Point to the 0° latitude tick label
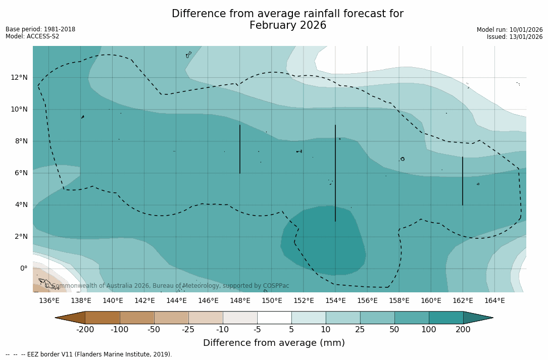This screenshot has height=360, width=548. coord(23,269)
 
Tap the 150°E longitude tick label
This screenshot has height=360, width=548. coord(272,301)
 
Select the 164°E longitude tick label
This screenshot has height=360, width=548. coord(494,301)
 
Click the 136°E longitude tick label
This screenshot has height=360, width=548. coord(49,301)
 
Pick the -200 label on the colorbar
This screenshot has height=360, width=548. coord(85,330)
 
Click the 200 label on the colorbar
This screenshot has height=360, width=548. coord(463,330)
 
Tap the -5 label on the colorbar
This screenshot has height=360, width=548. coord(257,330)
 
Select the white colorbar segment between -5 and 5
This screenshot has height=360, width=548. coord(274,318)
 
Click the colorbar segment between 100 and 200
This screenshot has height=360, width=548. coord(446,318)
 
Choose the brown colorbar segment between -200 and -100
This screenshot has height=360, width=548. coord(103,318)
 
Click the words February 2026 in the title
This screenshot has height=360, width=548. coord(288,25)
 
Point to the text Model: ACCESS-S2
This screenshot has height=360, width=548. coord(32,36)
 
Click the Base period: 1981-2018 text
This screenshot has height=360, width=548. coord(40,29)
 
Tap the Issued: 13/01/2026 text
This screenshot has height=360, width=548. coord(515,37)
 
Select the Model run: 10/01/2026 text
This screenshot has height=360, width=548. coord(510,30)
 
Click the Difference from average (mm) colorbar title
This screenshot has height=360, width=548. coord(274,343)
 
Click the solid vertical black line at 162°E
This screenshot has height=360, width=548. coord(462,181)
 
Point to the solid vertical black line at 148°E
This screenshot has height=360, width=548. coord(240,149)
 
